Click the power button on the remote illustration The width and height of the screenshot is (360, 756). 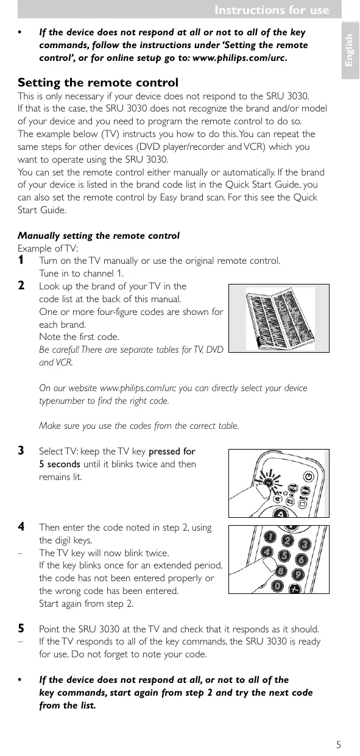pyautogui.click(x=309, y=476)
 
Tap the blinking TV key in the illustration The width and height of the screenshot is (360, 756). pyautogui.click(x=268, y=482)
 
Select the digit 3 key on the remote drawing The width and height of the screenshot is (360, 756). pyautogui.click(x=305, y=544)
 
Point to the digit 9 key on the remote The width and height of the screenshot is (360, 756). pyautogui.click(x=298, y=574)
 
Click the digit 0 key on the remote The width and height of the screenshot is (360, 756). pyautogui.click(x=278, y=586)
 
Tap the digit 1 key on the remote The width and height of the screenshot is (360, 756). pyautogui.click(x=270, y=537)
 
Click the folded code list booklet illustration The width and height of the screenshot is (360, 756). pyautogui.click(x=280, y=318)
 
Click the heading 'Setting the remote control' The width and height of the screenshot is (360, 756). pyautogui.click(x=98, y=82)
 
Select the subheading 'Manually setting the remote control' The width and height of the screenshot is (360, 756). pyautogui.click(x=99, y=236)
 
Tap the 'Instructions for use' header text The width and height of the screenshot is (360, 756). pyautogui.click(x=272, y=10)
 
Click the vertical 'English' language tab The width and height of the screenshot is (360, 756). pyautogui.click(x=350, y=51)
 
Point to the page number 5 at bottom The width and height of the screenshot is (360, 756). pyautogui.click(x=339, y=744)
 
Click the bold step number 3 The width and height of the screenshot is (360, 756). pyautogui.click(x=21, y=451)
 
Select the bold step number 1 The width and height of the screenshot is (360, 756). pyautogui.click(x=21, y=260)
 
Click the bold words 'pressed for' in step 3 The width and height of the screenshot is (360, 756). pyautogui.click(x=172, y=451)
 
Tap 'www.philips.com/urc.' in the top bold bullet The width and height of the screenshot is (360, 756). pyautogui.click(x=240, y=58)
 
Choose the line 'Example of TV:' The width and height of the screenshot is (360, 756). pyautogui.click(x=48, y=249)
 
